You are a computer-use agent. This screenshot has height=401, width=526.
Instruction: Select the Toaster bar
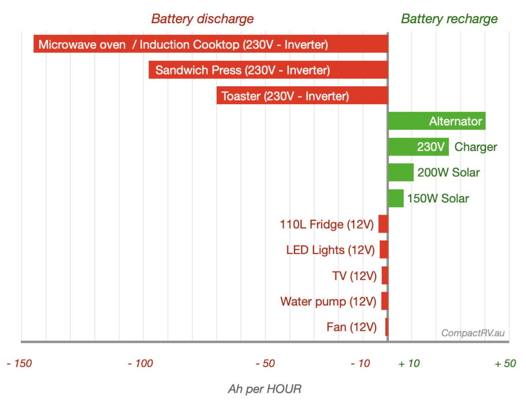pos(302,96)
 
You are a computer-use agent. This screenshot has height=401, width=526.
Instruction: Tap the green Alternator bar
pos(437,121)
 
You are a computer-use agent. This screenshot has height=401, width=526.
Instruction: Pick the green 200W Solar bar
pos(401,173)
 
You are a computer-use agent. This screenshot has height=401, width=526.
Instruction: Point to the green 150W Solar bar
pos(396,198)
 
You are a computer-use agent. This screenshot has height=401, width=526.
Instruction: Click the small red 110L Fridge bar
pos(383,224)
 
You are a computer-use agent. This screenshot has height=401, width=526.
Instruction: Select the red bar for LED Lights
pos(384,250)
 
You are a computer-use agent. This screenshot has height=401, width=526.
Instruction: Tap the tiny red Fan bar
pos(386,327)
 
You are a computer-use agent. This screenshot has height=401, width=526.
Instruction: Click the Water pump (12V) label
pos(328,301)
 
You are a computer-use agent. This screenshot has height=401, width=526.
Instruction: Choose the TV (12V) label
pos(354,276)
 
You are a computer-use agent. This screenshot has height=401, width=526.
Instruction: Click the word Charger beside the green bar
pos(476,147)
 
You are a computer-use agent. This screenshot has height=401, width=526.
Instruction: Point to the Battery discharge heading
pos(202,19)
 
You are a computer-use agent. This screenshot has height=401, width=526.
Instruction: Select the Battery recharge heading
pos(449,19)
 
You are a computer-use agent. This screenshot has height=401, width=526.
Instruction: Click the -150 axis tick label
pos(19,364)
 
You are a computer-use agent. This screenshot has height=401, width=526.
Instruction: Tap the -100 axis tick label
pos(140,364)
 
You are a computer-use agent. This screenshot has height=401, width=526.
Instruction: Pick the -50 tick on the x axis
pos(265,364)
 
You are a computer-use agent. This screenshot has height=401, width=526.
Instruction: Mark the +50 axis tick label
pos(505,364)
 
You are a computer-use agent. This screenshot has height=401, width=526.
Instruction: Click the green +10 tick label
pos(409,364)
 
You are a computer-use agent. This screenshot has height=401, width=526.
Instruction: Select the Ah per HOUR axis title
pos(265,389)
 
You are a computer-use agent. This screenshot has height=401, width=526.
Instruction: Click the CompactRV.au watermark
pos(473,333)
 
